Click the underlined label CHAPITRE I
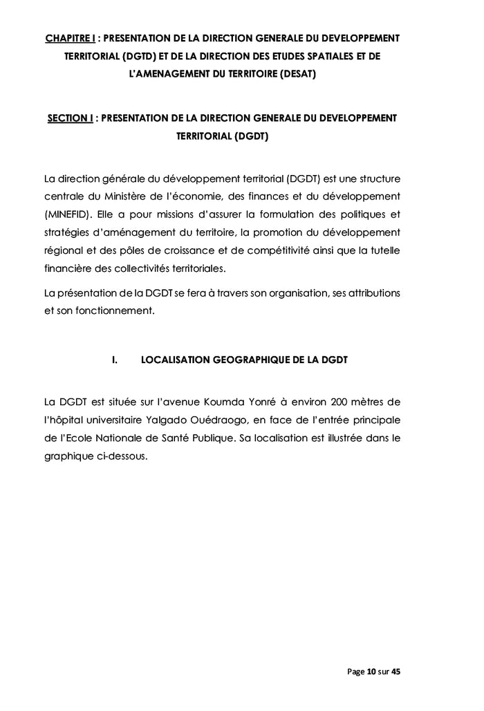point(70,37)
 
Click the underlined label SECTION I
point(70,118)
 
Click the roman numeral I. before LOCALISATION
point(115,360)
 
